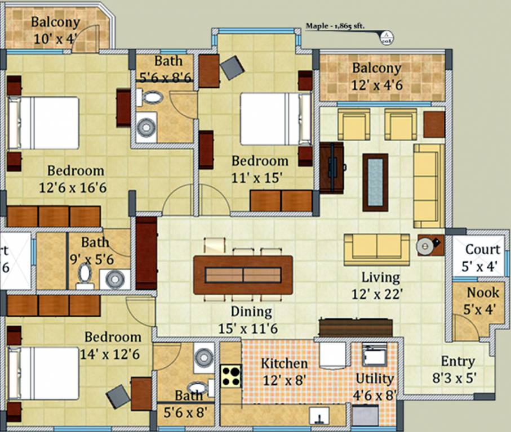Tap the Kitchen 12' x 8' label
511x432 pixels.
(x=284, y=371)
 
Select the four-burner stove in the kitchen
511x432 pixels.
(x=231, y=376)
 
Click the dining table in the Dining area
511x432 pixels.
(x=243, y=274)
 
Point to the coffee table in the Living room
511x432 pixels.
(x=375, y=182)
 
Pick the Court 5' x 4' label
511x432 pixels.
(x=482, y=257)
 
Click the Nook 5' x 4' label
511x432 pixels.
(x=483, y=300)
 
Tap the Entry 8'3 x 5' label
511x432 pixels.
(x=458, y=369)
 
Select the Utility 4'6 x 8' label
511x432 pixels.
(x=375, y=385)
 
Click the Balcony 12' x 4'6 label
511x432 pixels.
(x=377, y=76)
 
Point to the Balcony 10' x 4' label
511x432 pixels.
(x=55, y=30)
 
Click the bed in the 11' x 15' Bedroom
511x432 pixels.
(x=275, y=119)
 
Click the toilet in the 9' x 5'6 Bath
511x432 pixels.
(x=85, y=276)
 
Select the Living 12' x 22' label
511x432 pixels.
(x=381, y=285)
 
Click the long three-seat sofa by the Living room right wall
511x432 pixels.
(x=428, y=185)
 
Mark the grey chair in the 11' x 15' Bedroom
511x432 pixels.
(x=232, y=67)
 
